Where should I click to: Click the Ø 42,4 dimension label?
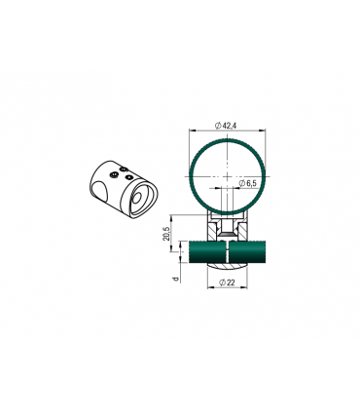tap(226, 126)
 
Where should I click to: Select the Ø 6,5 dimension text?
tap(247, 183)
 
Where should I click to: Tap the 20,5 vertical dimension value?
tap(166, 234)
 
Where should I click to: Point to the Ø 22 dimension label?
tap(227, 282)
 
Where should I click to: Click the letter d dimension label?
tap(176, 279)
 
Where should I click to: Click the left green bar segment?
tap(207, 251)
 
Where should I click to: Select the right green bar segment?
tap(247, 251)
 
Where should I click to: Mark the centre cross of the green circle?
tap(228, 176)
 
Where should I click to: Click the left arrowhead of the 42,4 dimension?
tap(192, 131)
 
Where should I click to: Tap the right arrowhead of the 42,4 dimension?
tap(263, 131)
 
